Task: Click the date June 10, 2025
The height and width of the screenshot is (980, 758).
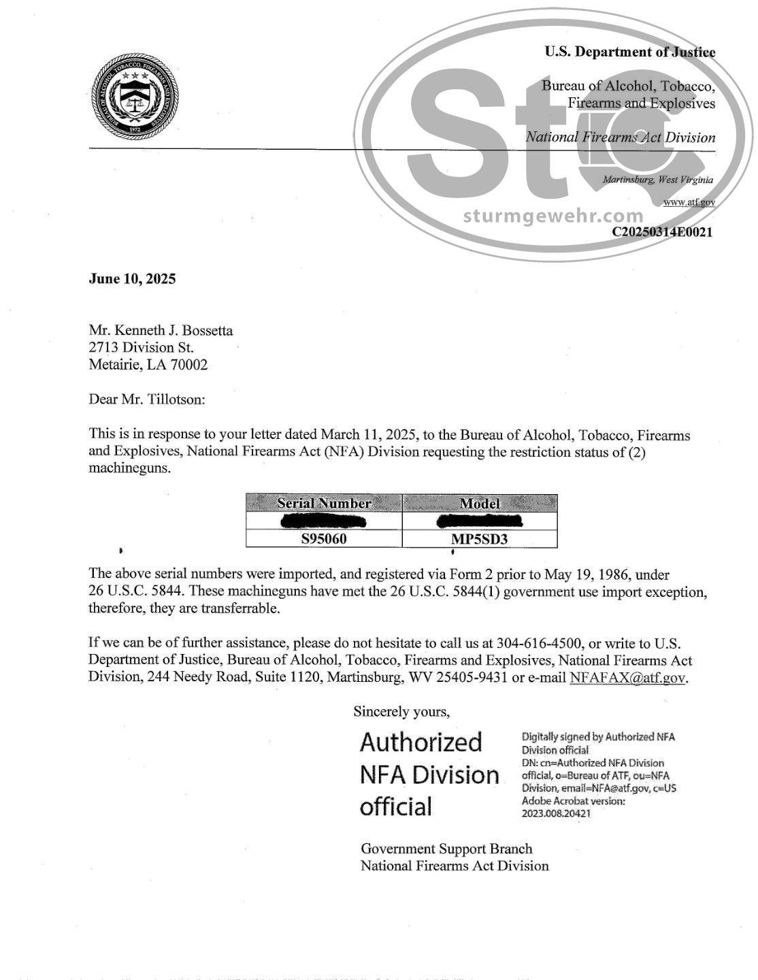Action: coord(132,278)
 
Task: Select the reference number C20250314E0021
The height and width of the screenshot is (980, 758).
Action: coord(662,231)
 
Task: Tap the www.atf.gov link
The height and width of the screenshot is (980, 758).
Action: coord(689,202)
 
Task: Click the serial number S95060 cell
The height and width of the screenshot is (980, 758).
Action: coord(324,539)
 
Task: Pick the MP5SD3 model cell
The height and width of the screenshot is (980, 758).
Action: coord(480,540)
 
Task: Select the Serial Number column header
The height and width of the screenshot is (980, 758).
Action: coord(324,504)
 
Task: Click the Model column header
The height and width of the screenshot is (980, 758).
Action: coord(480,504)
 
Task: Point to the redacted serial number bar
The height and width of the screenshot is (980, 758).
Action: coord(324,522)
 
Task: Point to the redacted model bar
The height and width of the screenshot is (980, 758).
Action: coord(480,522)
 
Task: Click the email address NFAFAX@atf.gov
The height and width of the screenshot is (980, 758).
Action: coord(627,678)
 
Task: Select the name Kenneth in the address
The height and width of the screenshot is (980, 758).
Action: coord(139,331)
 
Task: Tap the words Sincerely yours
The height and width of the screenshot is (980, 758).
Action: coord(401,712)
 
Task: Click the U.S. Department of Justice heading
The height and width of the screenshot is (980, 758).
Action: coord(629,52)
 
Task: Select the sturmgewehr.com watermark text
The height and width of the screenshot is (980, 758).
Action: coord(553,216)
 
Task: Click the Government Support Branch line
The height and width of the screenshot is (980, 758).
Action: coord(446,849)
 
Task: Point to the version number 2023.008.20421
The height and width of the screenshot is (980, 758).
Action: coord(556,813)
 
